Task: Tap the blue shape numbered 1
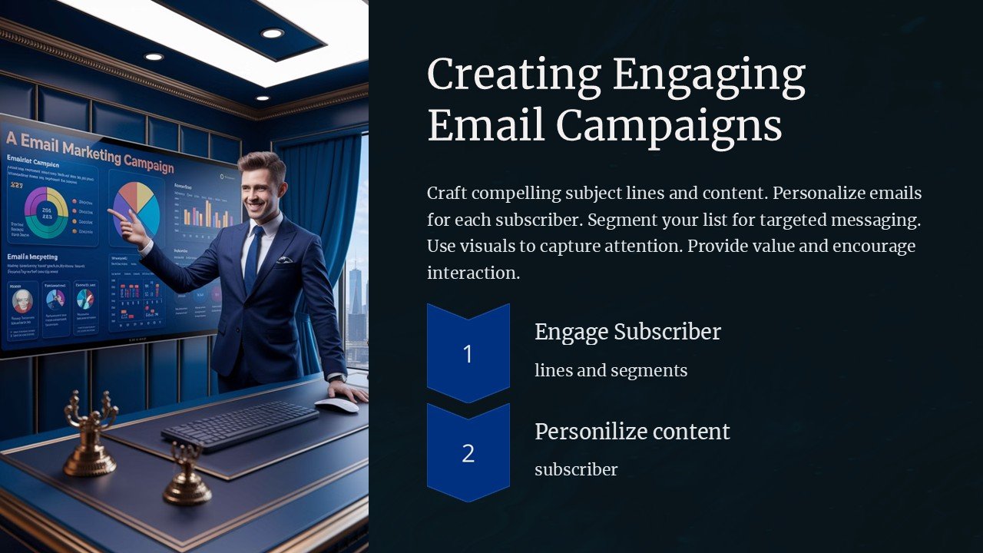(468, 353)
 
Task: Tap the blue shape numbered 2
(468, 453)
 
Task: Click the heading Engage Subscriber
(627, 332)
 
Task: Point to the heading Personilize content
(632, 432)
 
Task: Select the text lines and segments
(611, 371)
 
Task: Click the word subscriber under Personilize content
(576, 469)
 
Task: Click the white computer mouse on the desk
(336, 406)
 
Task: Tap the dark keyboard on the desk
(240, 424)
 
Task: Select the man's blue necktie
(253, 257)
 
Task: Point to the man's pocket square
(283, 260)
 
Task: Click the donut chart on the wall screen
(46, 212)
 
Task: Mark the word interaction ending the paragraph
(473, 273)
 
